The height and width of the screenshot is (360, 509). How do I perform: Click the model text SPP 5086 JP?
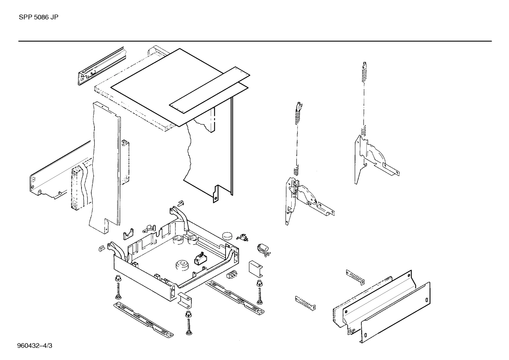[38, 17]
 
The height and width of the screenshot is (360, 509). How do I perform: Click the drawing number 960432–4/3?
[35, 345]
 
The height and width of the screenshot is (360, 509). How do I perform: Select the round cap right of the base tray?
[228, 236]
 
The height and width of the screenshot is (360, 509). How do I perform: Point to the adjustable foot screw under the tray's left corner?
[117, 288]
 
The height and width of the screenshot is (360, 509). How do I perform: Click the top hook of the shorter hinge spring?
[299, 105]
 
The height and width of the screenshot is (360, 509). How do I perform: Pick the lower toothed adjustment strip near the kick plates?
[305, 303]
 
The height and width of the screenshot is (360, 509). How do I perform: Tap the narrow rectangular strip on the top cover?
[209, 90]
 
